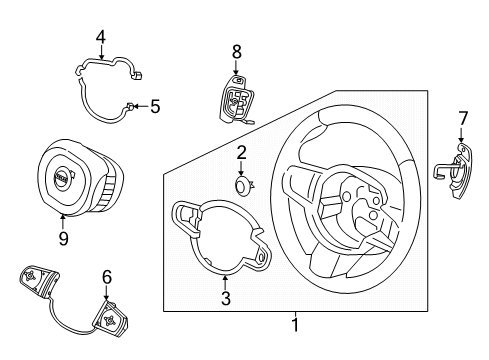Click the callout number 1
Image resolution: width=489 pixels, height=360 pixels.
[295, 324]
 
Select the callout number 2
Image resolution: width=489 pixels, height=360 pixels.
[242, 152]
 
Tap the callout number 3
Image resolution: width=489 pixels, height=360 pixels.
[225, 298]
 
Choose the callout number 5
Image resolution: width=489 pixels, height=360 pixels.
[155, 106]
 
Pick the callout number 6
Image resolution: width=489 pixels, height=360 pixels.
[106, 277]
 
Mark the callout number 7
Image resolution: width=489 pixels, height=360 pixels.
[462, 119]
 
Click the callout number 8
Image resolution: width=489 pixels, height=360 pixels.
[236, 50]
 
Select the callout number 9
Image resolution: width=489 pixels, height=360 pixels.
[63, 238]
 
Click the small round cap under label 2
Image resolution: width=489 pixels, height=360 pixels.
[242, 184]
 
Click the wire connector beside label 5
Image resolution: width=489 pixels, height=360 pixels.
[131, 106]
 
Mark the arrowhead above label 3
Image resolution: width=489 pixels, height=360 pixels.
[225, 275]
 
